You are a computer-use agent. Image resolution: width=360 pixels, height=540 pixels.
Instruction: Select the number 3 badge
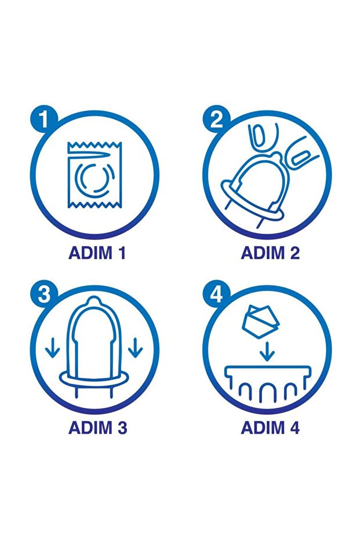(x=44, y=295)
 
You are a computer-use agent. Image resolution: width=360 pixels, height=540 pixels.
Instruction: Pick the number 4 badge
(x=216, y=295)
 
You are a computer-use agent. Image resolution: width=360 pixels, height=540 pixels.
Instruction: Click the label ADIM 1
(x=97, y=253)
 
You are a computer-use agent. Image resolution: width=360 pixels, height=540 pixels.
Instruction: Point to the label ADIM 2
(x=270, y=253)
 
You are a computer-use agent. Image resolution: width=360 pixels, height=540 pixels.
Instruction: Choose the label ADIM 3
(x=98, y=427)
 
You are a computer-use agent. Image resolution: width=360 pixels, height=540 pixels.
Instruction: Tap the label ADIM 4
(x=270, y=427)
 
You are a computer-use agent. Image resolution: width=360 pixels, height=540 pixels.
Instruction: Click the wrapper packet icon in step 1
(x=94, y=175)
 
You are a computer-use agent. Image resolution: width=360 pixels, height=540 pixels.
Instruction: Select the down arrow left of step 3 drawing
(x=52, y=348)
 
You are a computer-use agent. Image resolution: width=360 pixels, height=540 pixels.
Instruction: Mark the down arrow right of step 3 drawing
(x=135, y=348)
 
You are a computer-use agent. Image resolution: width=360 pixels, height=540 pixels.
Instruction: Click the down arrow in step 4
(x=267, y=351)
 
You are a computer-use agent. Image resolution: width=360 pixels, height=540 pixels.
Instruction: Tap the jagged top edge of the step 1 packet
(x=94, y=146)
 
